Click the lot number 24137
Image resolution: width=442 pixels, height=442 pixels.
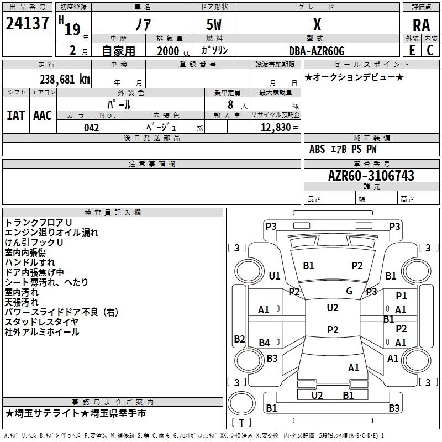pyautogui.click(x=27, y=23)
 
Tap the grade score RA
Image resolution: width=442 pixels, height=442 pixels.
pyautogui.click(x=421, y=25)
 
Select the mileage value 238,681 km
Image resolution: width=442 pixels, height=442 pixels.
pyautogui.click(x=65, y=80)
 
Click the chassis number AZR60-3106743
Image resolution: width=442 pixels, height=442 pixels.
pyautogui.click(x=371, y=176)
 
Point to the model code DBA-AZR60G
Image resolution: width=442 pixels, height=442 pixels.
pyautogui.click(x=317, y=51)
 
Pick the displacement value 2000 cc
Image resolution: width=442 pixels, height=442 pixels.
pyautogui.click(x=173, y=51)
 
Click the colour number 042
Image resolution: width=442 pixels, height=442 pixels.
pyautogui.click(x=92, y=128)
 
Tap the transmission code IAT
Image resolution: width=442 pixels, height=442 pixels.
pyautogui.click(x=16, y=115)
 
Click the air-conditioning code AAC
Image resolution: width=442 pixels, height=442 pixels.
pyautogui.click(x=43, y=115)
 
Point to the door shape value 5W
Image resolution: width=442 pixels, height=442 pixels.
pyautogui.click(x=214, y=24)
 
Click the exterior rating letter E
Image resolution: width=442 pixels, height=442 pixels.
pyautogui.click(x=412, y=50)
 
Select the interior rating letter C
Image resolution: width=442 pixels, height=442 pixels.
pyautogui.click(x=430, y=50)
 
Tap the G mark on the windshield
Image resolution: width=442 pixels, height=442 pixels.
pyautogui.click(x=349, y=291)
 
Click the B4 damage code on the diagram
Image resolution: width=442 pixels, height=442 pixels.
pyautogui.click(x=265, y=343)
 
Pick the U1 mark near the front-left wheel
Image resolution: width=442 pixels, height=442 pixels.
pyautogui.click(x=275, y=276)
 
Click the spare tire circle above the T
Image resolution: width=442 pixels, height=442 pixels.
pyautogui.click(x=241, y=403)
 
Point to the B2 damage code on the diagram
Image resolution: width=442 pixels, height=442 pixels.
pyautogui.click(x=239, y=339)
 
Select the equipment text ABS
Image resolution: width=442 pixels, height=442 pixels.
pyautogui.click(x=317, y=149)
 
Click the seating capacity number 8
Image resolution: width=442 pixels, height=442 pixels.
pyautogui.click(x=230, y=104)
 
